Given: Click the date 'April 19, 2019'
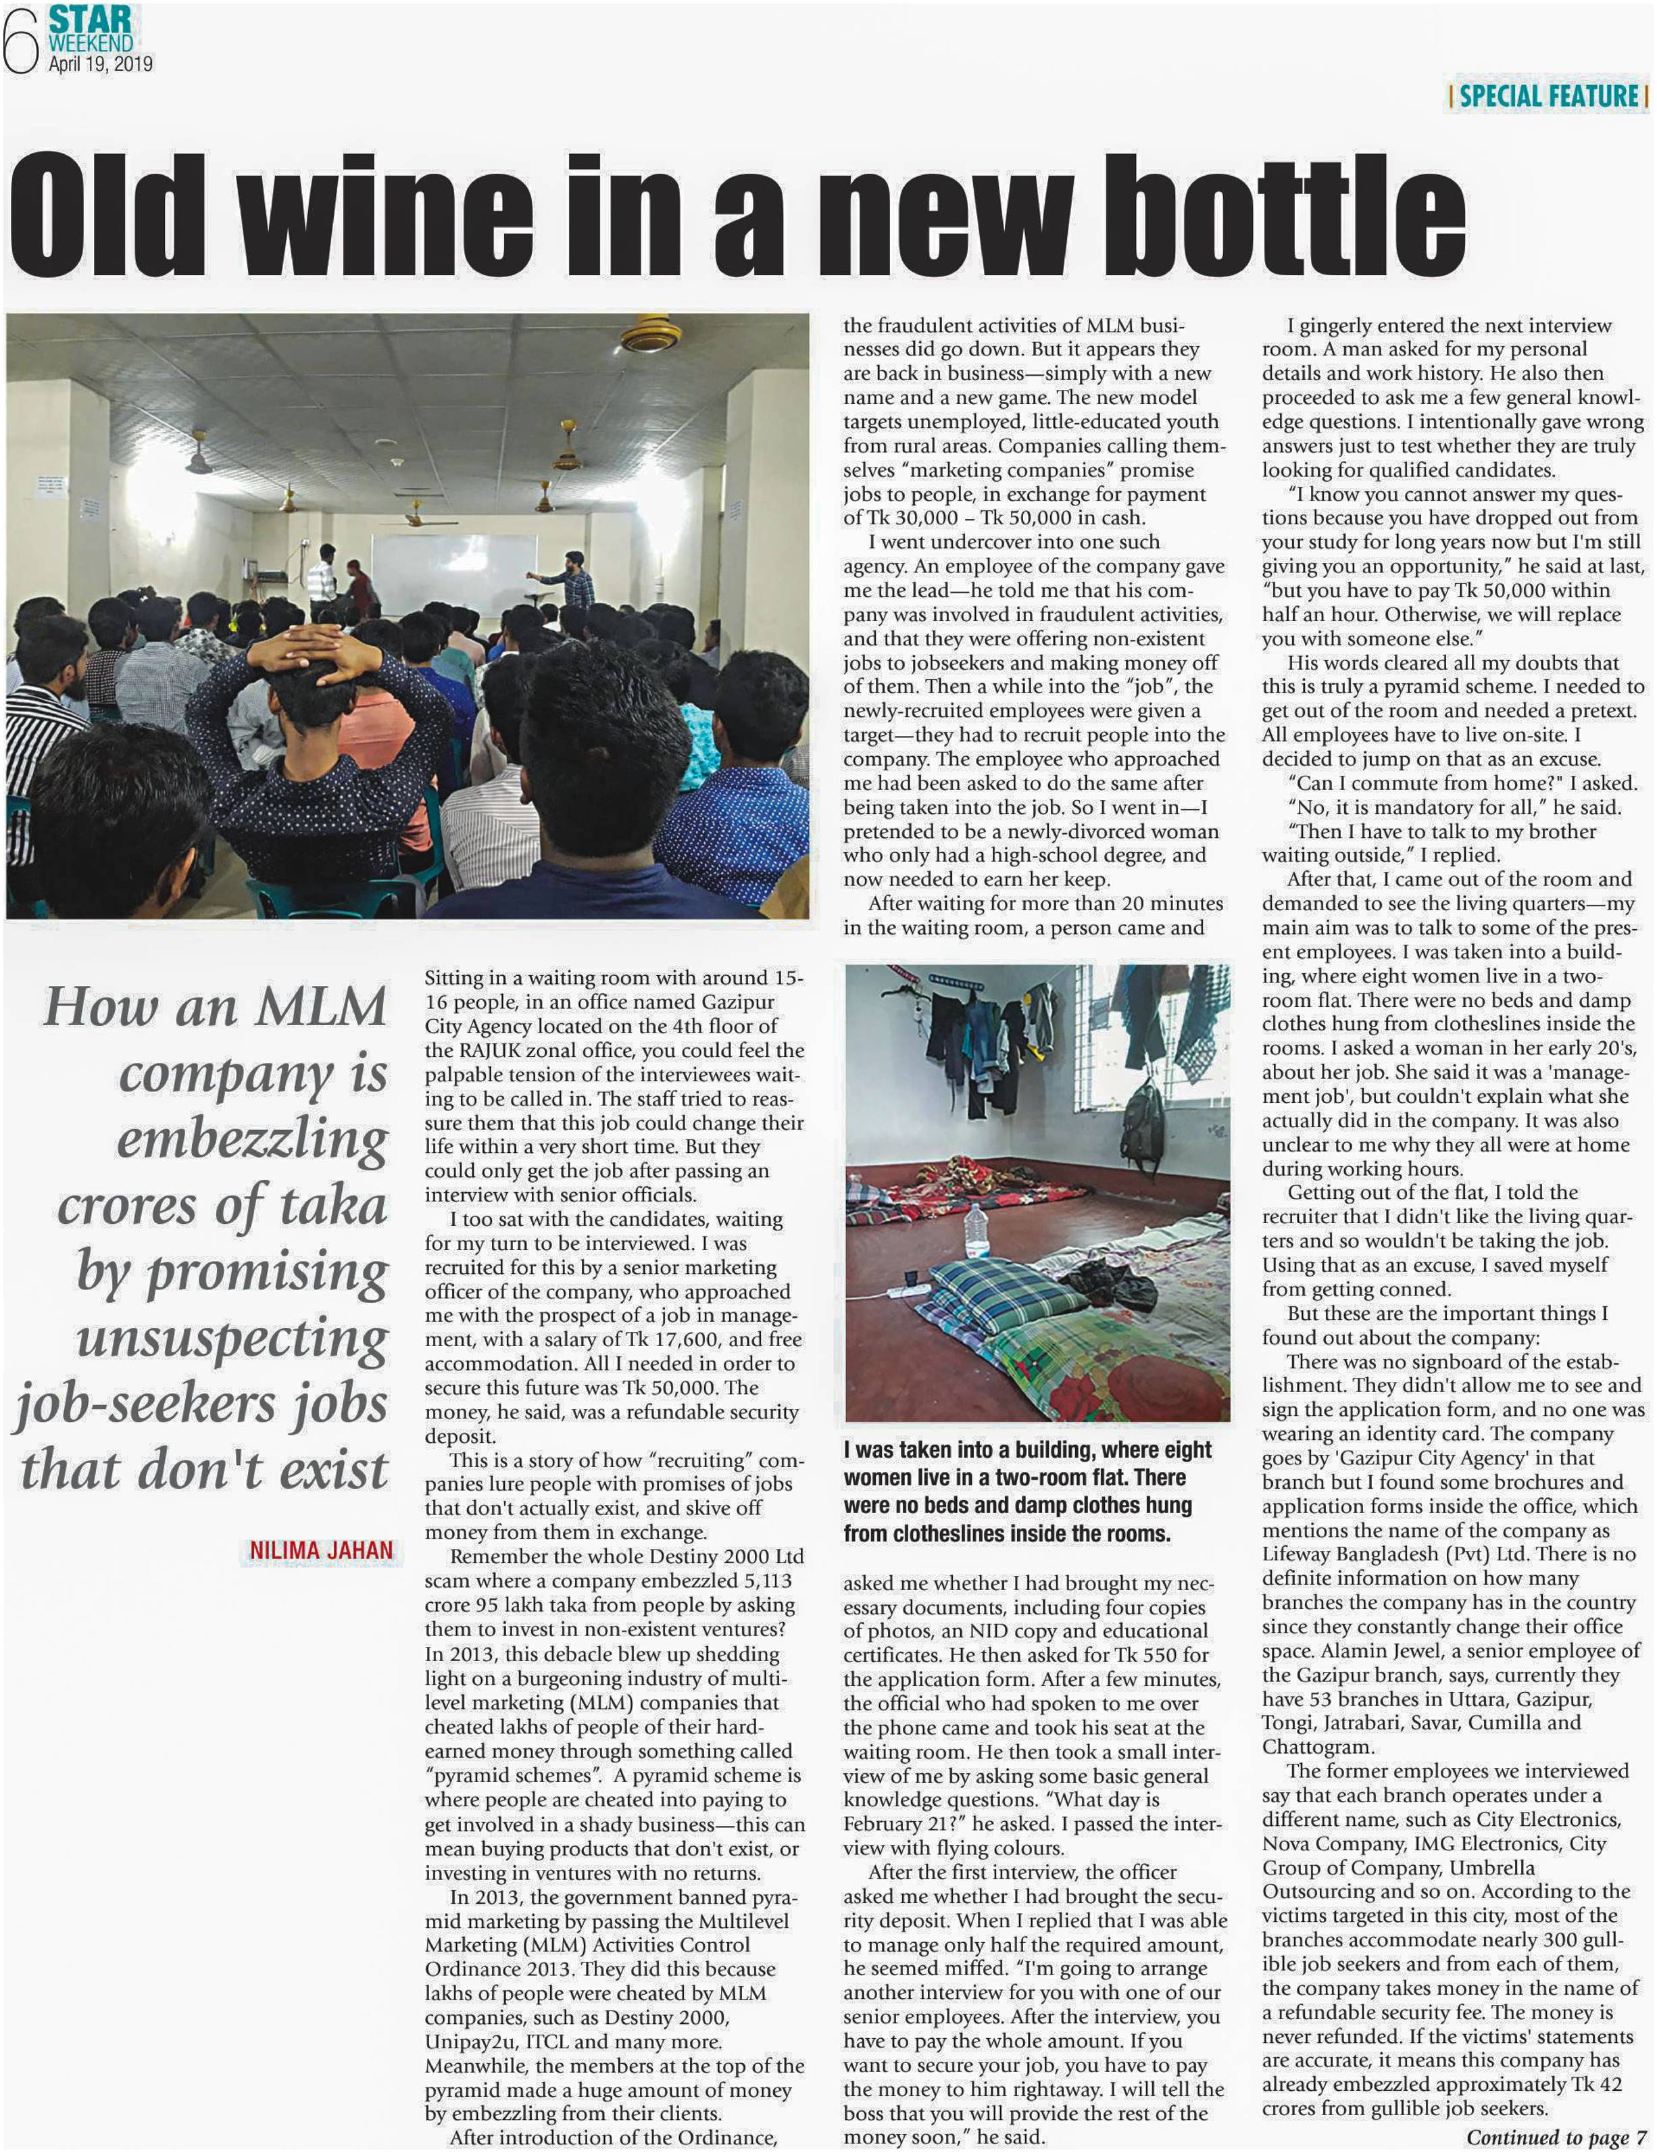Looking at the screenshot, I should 101,64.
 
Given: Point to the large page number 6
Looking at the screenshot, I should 20,39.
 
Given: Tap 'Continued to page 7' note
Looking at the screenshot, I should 1556,2136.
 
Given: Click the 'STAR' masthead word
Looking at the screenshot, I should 91,20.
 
